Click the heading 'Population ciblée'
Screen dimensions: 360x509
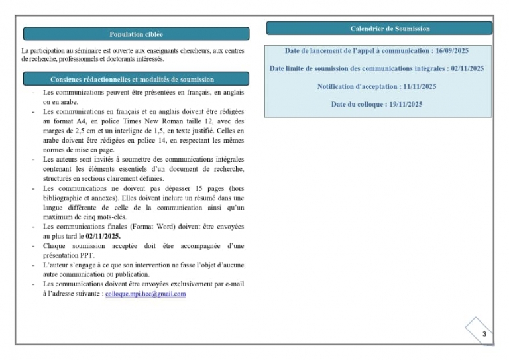(136, 34)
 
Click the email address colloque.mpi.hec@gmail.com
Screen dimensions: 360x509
(145, 294)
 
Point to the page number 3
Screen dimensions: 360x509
(484, 334)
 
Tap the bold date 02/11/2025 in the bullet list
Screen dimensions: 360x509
(103, 236)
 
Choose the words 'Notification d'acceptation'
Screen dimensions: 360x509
(358, 86)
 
